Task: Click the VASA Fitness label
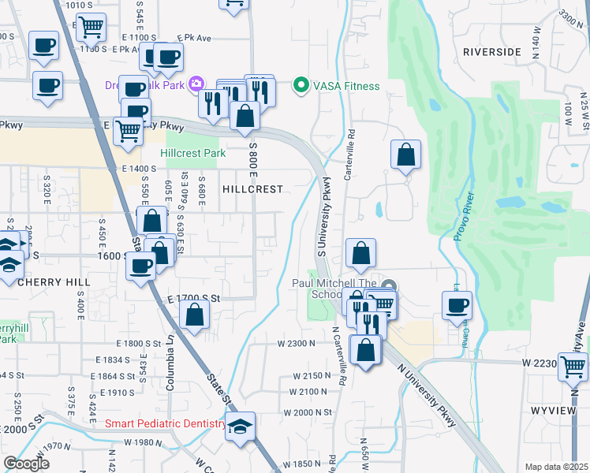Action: coord(347,86)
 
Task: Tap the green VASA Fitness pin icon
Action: coord(300,85)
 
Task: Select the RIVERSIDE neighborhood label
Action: coord(492,52)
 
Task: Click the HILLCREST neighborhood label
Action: coord(252,190)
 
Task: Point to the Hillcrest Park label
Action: coord(192,153)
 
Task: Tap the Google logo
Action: coord(26,463)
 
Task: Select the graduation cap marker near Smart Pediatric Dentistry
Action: coord(241,426)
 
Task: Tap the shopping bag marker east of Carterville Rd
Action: coord(405,155)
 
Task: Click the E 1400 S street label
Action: coord(140,169)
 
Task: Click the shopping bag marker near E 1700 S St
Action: coord(194,315)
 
